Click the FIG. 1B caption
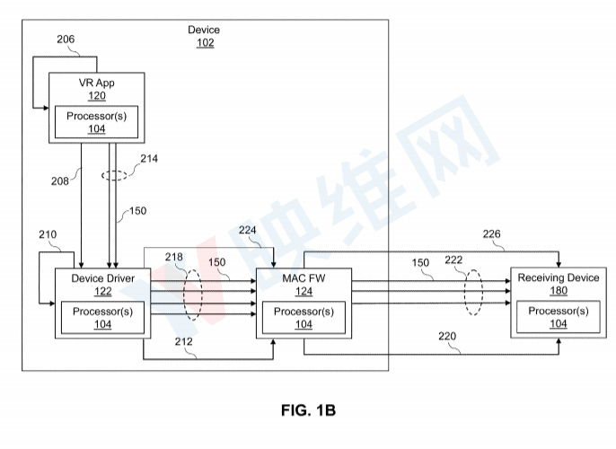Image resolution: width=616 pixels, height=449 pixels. coord(307,410)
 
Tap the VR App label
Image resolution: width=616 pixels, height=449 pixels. coord(96,84)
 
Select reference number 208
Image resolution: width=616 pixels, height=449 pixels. coord(60,180)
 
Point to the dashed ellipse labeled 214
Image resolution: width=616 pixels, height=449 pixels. coord(113,174)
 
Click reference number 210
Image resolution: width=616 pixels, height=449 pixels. coord(48,235)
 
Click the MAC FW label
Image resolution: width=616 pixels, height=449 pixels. coord(304,278)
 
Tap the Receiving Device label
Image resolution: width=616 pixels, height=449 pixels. coord(558,278)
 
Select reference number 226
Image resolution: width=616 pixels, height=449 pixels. coord(493,235)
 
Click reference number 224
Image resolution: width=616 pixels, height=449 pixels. coord(249,231)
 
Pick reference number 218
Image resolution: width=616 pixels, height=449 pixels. coord(174,258)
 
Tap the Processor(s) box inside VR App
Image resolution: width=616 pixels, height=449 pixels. coord(96,122)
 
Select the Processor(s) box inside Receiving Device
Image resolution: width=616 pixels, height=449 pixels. coord(558,316)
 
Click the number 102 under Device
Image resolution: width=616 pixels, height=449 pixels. coord(205,42)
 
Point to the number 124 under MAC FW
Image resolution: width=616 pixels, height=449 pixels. coord(304,291)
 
